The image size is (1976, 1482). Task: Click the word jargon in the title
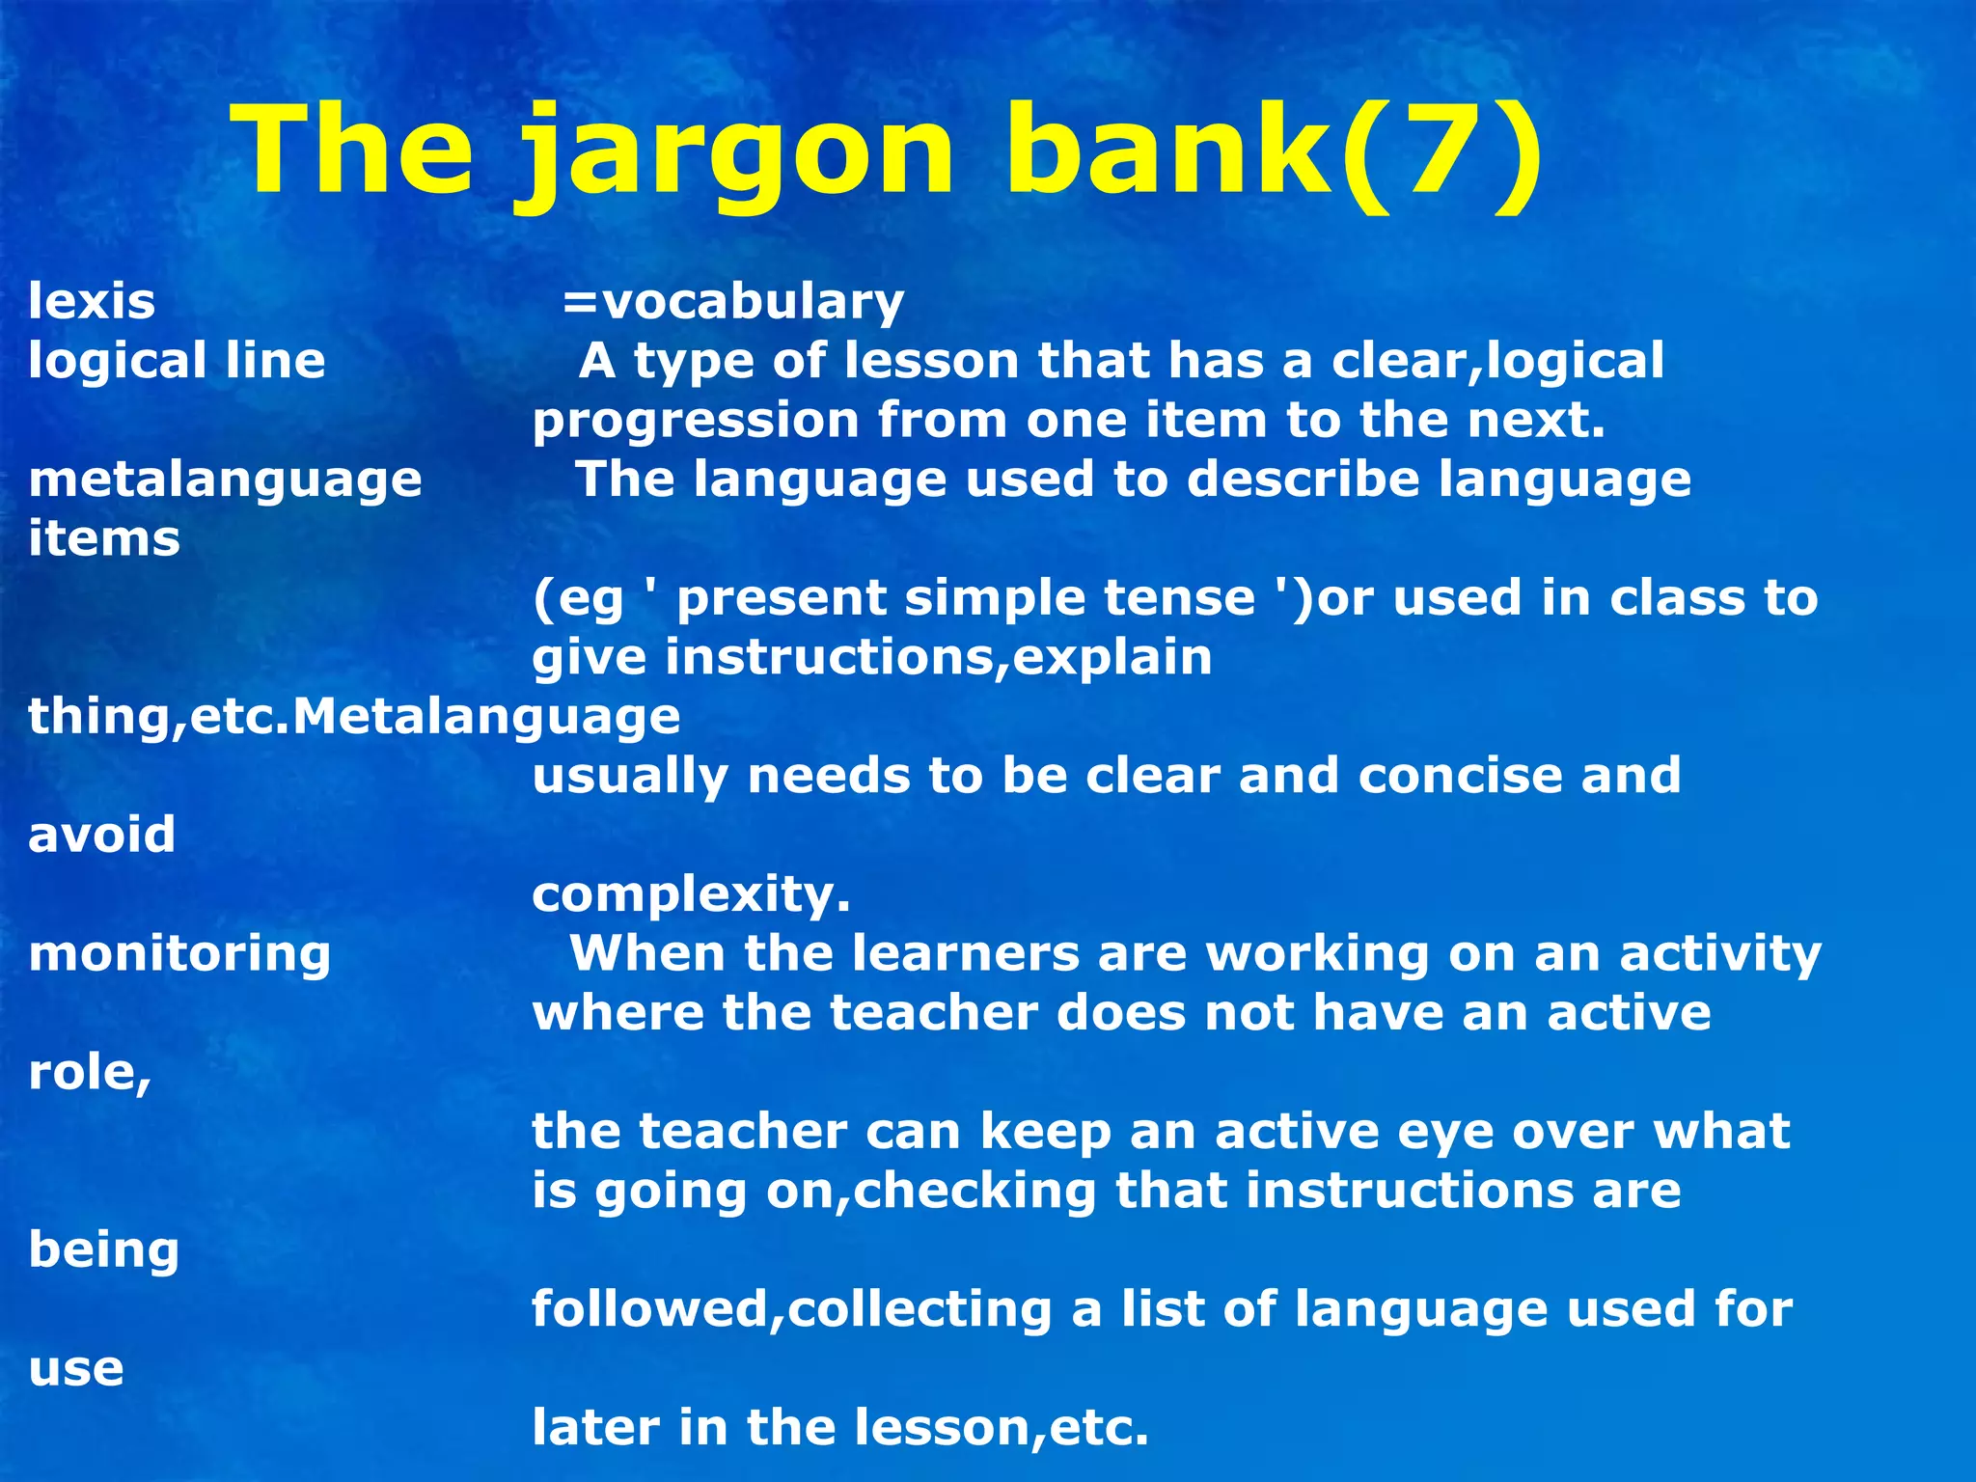click(738, 154)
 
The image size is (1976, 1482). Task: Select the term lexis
click(92, 301)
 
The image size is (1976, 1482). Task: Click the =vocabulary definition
click(733, 301)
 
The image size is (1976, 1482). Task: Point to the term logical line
click(177, 361)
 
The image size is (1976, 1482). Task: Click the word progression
click(696, 422)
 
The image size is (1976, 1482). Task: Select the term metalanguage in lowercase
click(225, 480)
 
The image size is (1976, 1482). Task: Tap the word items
click(104, 538)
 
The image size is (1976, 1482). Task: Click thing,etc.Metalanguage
click(354, 717)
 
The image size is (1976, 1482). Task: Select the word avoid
click(101, 835)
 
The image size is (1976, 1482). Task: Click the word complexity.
click(691, 895)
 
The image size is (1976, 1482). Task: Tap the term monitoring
click(179, 954)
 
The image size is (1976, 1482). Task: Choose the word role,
click(90, 1073)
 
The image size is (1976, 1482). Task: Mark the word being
click(103, 1250)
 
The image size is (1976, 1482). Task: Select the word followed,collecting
click(792, 1309)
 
